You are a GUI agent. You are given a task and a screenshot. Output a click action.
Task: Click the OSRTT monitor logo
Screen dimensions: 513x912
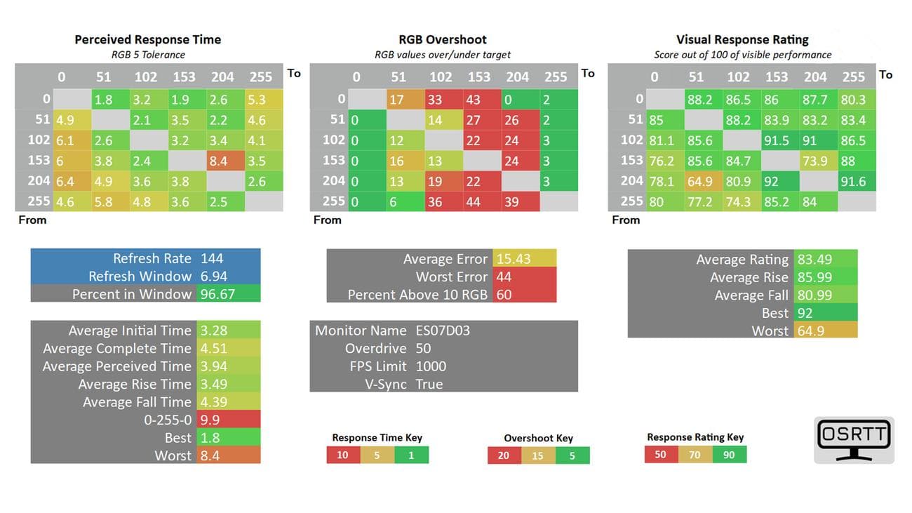[854, 439]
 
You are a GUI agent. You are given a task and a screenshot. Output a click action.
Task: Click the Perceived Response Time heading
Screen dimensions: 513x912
[147, 40]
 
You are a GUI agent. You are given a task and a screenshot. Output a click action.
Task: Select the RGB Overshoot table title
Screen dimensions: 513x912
[443, 40]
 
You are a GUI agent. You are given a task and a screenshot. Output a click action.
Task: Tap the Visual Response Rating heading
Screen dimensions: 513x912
[742, 40]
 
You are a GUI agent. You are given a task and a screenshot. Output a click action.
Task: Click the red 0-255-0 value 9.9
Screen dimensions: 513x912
[210, 420]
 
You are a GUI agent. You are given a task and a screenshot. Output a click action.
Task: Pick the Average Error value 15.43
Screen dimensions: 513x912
[514, 259]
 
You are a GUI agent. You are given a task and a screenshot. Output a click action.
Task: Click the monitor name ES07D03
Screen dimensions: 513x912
[442, 331]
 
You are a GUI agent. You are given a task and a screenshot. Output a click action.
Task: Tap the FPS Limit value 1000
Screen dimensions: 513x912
[431, 366]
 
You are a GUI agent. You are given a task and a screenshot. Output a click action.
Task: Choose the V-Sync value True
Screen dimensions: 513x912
[429, 384]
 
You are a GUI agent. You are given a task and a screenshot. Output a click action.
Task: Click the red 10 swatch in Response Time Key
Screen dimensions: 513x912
[343, 455]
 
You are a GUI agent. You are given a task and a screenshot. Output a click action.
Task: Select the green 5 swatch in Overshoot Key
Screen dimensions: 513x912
[572, 455]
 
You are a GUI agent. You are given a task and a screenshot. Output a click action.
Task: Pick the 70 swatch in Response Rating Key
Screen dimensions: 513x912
[695, 455]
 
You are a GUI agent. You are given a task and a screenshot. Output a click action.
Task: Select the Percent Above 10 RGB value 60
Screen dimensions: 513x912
[504, 295]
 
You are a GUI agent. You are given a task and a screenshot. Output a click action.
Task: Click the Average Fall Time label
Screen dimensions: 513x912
[137, 402]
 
